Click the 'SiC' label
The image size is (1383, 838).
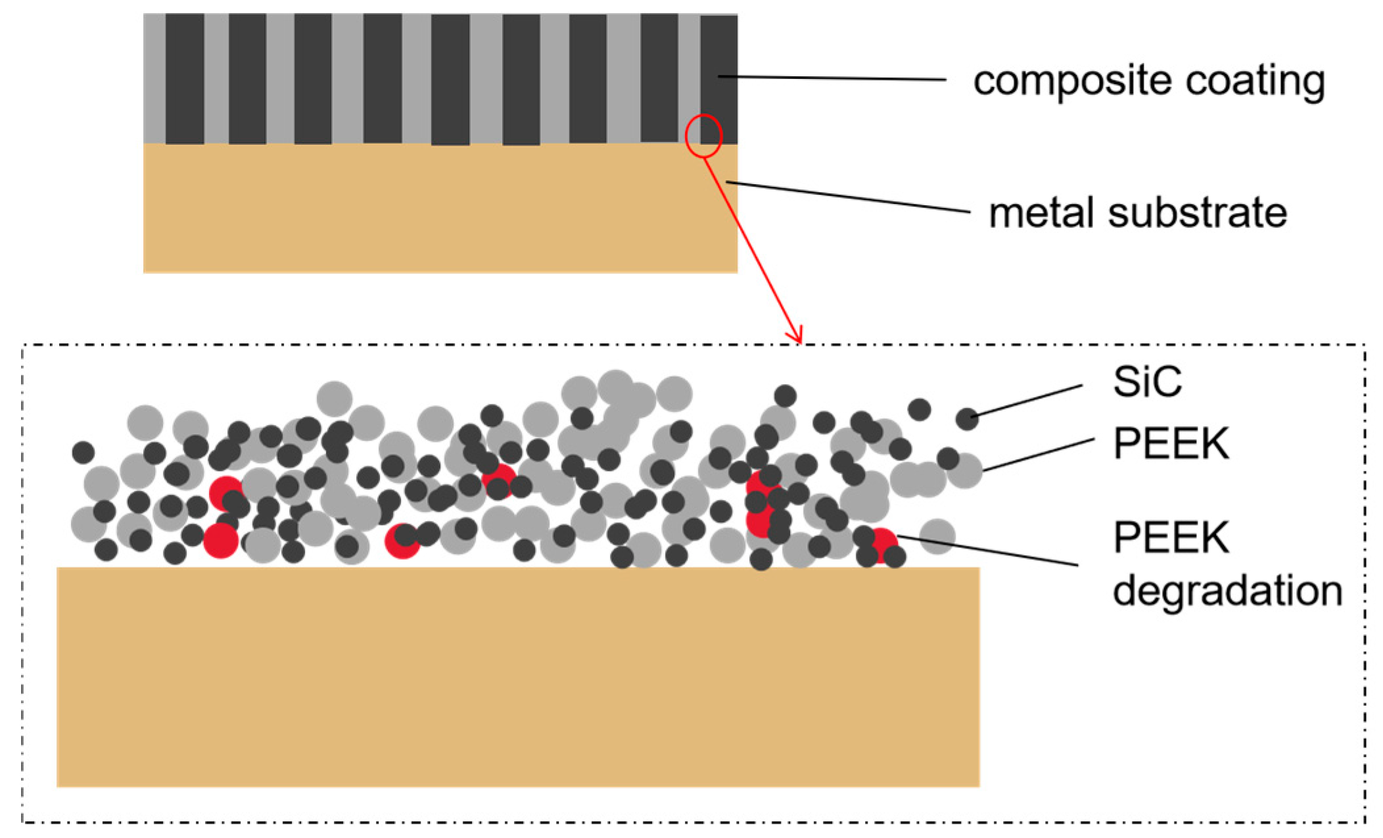[x=1147, y=382]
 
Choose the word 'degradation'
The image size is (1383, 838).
[x=1227, y=590]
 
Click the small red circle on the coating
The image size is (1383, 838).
[x=703, y=136]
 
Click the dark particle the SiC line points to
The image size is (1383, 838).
[x=966, y=418]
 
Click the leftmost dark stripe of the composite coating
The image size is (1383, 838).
[x=185, y=79]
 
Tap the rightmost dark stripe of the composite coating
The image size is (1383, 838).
[x=718, y=79]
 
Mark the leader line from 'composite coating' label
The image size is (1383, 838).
[x=832, y=78]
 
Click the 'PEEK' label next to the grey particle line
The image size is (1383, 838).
[x=1171, y=444]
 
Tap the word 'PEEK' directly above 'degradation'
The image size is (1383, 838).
[x=1171, y=538]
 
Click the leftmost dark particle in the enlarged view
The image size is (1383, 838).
[x=83, y=453]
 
